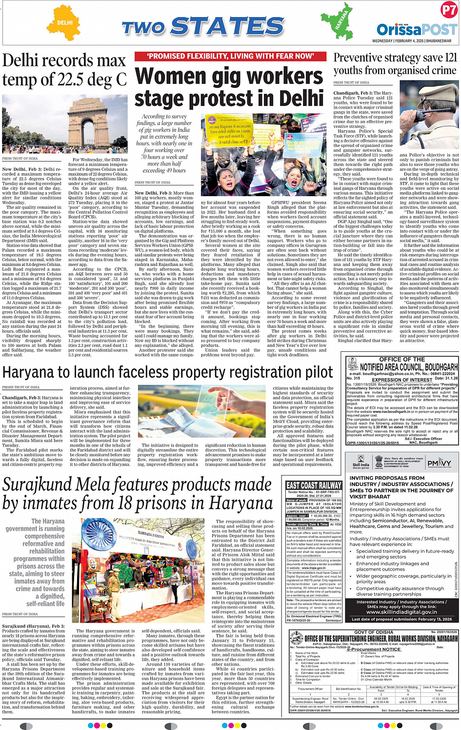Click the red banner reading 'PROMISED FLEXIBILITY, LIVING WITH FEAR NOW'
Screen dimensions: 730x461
230,57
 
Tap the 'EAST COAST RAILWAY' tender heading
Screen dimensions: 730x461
314,485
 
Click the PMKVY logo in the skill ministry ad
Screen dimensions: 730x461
439,463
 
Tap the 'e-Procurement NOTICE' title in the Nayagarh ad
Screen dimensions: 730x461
374,649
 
